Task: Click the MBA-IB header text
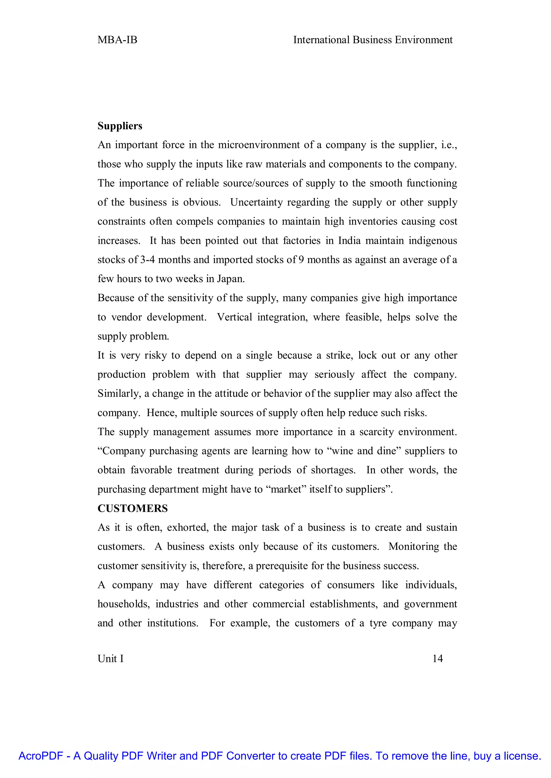[117, 40]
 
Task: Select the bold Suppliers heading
[120, 126]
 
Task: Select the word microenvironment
[259, 145]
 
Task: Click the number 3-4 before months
[148, 260]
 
